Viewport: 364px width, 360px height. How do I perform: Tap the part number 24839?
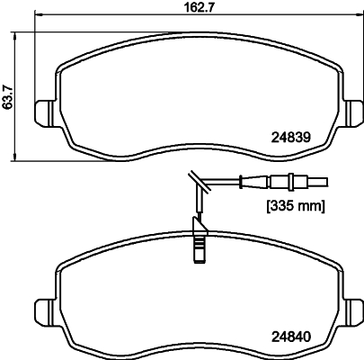(x=290, y=139)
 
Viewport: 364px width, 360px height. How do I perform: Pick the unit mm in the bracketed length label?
(x=308, y=205)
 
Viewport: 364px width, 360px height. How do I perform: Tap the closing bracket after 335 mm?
(x=323, y=205)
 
